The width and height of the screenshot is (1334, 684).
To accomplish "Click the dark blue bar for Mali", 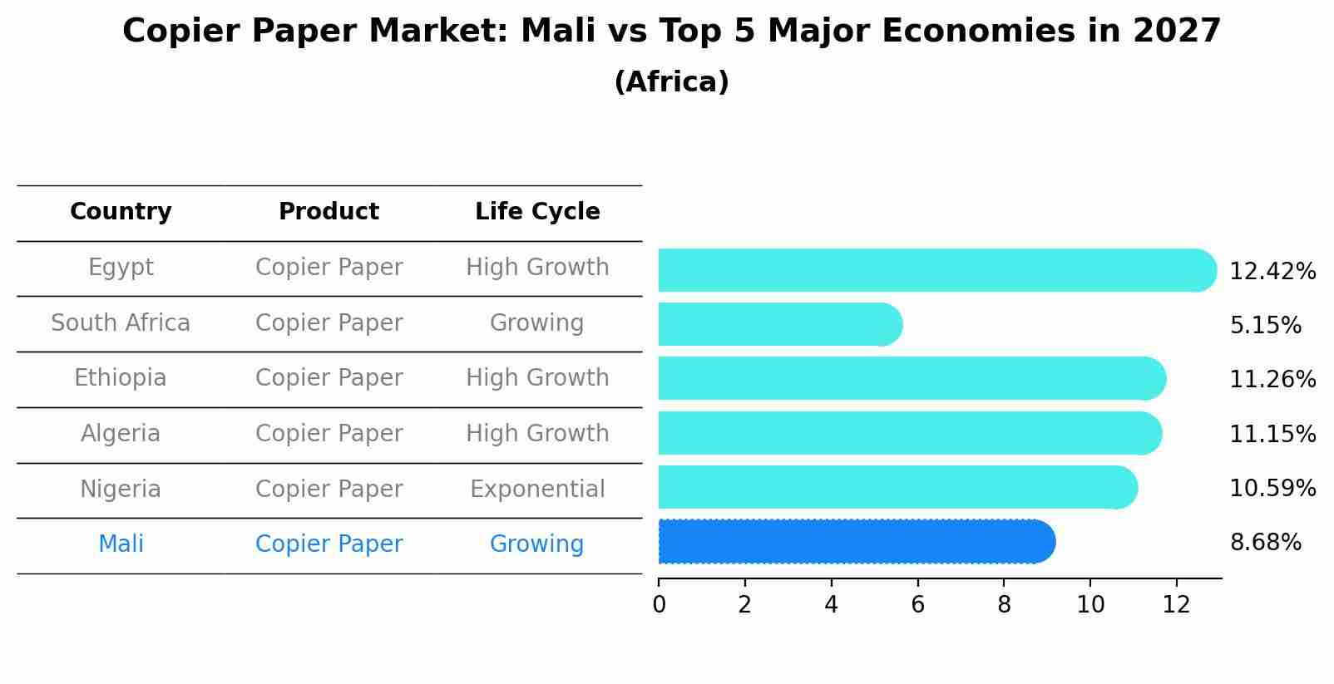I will (x=857, y=542).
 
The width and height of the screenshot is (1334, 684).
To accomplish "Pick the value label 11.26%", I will (x=1272, y=380).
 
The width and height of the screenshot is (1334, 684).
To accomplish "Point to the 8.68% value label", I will (x=1265, y=543).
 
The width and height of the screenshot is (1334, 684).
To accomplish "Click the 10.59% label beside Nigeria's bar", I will (x=1272, y=489).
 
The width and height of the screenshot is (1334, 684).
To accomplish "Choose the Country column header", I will (x=121, y=212).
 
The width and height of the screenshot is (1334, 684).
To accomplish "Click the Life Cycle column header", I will (x=537, y=212).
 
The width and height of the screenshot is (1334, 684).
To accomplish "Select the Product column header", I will (x=329, y=212).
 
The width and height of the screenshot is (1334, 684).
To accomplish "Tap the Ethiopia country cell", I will (x=121, y=378).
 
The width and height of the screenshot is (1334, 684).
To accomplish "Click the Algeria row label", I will (x=121, y=434).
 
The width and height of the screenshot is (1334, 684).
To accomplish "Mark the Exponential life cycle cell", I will (x=537, y=490).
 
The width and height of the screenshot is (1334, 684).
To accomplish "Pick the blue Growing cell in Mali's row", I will (x=537, y=544).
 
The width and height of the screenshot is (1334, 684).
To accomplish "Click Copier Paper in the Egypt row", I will (x=329, y=268).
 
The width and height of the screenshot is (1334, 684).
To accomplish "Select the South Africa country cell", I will (x=121, y=323).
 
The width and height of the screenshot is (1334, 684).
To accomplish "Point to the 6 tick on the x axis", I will (x=917, y=605).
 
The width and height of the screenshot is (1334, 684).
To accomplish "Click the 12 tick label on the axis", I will (x=1177, y=605).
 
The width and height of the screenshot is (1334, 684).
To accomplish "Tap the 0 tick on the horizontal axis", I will (x=659, y=605).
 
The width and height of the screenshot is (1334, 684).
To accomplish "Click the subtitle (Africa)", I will (x=671, y=82).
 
